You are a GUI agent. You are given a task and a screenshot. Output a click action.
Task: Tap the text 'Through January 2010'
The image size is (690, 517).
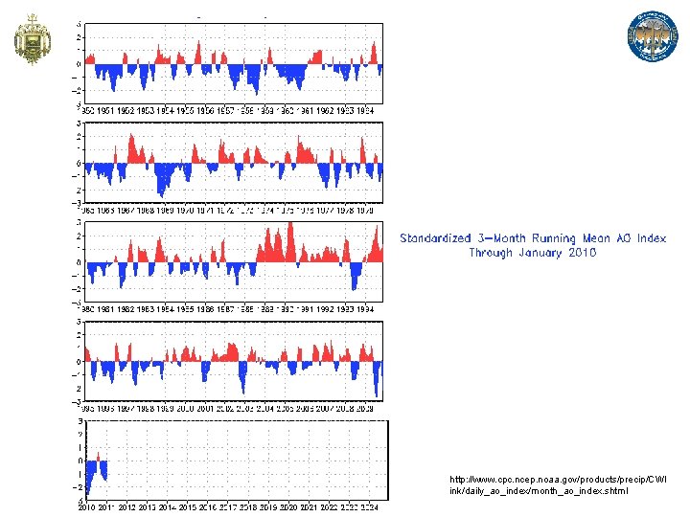click(x=532, y=253)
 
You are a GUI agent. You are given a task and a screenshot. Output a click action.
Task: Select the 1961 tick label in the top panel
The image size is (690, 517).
click(x=306, y=111)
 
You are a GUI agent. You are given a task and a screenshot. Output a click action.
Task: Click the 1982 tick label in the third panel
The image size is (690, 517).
click(x=125, y=310)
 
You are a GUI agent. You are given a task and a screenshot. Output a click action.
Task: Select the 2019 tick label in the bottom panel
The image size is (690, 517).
click(x=265, y=506)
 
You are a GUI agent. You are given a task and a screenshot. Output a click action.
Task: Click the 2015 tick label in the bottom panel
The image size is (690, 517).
click(x=185, y=506)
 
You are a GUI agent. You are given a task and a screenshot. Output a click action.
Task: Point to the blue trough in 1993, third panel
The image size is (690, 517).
click(x=356, y=280)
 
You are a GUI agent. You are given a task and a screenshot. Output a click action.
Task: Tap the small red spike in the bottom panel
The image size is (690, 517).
click(x=98, y=455)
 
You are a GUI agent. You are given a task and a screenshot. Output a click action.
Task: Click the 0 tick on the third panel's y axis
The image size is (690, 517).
click(x=79, y=262)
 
